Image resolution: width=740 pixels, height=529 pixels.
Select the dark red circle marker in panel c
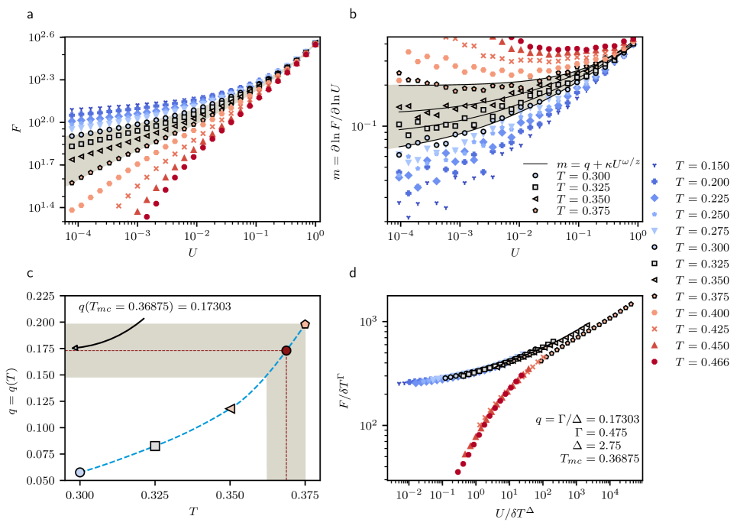pos(286,351)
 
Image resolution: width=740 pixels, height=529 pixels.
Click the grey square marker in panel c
pos(155,446)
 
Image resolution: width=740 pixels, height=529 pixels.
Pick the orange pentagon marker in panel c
pos(305,324)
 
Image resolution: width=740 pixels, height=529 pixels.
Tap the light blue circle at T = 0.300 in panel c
pos(80,472)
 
